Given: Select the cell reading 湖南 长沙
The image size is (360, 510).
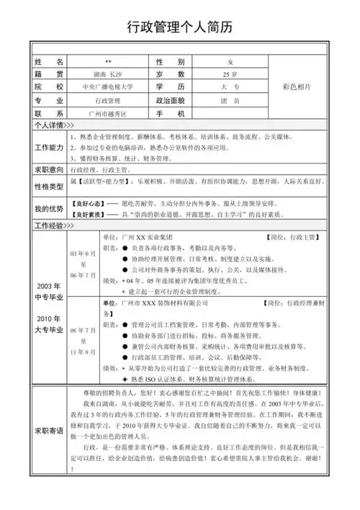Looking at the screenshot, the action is coord(107,74).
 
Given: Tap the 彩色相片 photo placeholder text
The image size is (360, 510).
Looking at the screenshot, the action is coord(297,87).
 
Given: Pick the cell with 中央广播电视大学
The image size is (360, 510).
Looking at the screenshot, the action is coord(108,87).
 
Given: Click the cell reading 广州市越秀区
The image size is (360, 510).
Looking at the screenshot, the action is coord(107,114).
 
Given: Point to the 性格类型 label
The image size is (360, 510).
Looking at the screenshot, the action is coord(49,187).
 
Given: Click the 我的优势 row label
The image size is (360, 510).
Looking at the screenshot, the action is coord(49,209).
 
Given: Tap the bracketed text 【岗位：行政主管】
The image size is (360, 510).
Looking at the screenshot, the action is coord(295,236).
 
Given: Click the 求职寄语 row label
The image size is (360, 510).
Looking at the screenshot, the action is coord(49,431).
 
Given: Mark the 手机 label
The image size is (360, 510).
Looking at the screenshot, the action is coord(171,114).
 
